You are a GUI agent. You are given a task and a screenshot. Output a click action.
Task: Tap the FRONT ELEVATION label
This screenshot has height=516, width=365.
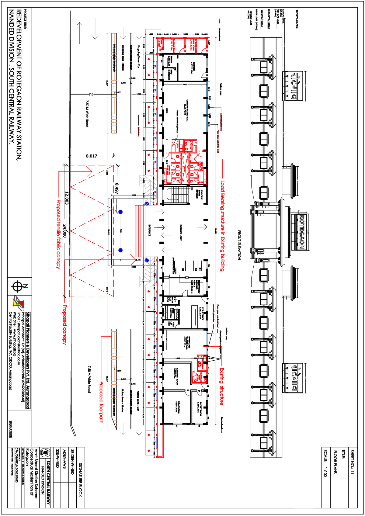pyautogui.click(x=239, y=245)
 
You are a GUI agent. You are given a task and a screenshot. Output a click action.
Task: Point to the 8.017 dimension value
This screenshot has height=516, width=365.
pyautogui.click(x=91, y=156)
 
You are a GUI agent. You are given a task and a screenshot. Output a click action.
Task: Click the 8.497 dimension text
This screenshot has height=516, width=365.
pyautogui.click(x=116, y=188)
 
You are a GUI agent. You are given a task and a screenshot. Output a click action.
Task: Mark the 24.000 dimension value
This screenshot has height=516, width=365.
pyautogui.click(x=64, y=231)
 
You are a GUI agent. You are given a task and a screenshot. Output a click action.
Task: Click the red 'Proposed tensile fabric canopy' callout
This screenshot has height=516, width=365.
pyautogui.click(x=58, y=234)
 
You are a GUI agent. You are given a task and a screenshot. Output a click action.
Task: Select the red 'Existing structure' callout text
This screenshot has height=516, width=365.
pyautogui.click(x=222, y=386)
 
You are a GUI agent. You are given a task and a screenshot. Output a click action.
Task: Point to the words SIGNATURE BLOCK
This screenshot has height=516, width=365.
pyautogui.click(x=80, y=480)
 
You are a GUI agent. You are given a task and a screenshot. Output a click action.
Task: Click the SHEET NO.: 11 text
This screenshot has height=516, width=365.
pyautogui.click(x=352, y=462)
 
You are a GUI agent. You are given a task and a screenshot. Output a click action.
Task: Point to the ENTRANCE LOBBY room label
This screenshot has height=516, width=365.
pyautogui.click(x=181, y=233)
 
